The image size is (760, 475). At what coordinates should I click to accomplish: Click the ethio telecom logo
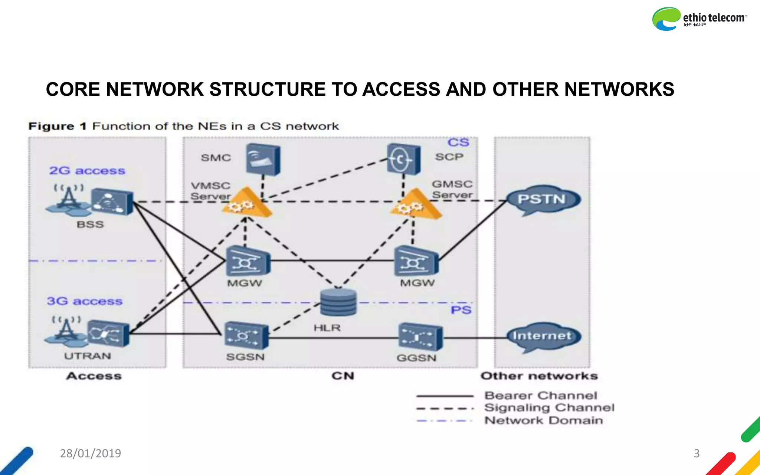(x=699, y=19)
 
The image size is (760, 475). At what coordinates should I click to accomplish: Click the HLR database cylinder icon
(x=338, y=302)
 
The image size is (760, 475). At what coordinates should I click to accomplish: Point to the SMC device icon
(x=263, y=159)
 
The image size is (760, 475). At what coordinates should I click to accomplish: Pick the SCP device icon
(x=403, y=159)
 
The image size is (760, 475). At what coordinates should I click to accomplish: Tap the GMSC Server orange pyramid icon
(x=415, y=204)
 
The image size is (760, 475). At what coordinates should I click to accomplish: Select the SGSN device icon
(x=246, y=335)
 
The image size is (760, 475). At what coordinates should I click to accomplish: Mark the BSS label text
(x=90, y=225)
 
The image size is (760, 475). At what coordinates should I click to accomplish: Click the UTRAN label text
(x=88, y=356)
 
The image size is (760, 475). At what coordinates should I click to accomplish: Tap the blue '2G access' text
(x=87, y=171)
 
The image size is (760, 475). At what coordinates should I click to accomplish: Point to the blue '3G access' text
(x=85, y=301)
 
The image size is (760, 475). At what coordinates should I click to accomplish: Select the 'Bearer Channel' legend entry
(x=540, y=396)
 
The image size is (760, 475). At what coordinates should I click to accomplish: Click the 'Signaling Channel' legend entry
(x=549, y=408)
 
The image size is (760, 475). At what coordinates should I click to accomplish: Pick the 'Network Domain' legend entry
(x=544, y=420)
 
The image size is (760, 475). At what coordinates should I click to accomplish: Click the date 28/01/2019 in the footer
(x=91, y=453)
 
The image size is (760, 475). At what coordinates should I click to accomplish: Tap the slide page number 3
(x=697, y=453)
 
